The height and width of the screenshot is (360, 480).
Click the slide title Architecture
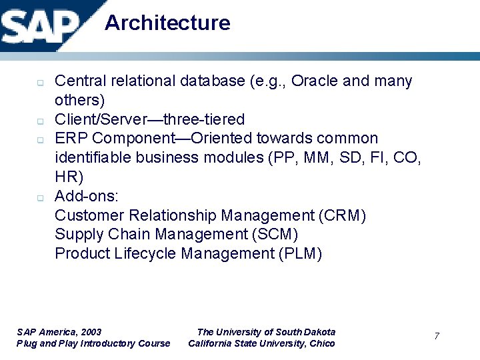(167, 23)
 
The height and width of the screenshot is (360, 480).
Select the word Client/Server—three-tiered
(150, 120)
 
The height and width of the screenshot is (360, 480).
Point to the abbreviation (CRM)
(343, 215)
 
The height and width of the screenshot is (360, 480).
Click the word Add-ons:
(87, 196)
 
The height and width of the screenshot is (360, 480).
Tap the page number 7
(437, 336)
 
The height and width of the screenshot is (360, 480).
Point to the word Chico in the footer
(323, 343)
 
